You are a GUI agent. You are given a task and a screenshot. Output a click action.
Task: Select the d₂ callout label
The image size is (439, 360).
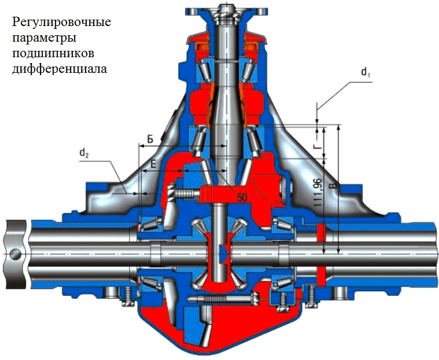coord(84,153)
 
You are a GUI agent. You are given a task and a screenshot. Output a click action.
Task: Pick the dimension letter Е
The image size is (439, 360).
coord(153,164)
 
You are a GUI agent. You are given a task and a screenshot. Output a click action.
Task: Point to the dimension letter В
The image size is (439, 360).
coord(331,185)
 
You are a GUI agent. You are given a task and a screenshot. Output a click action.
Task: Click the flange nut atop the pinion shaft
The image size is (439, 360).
coord(225,10)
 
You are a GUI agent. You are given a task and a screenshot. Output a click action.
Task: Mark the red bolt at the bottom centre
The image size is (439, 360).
coord(223,298)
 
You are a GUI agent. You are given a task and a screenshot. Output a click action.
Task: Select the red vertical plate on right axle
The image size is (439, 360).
coord(320,253)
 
